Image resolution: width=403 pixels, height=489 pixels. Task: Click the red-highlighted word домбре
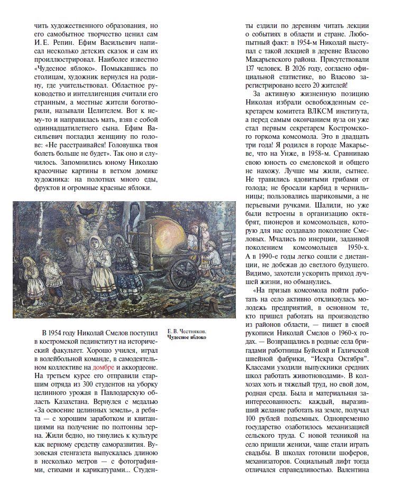tap(103, 366)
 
